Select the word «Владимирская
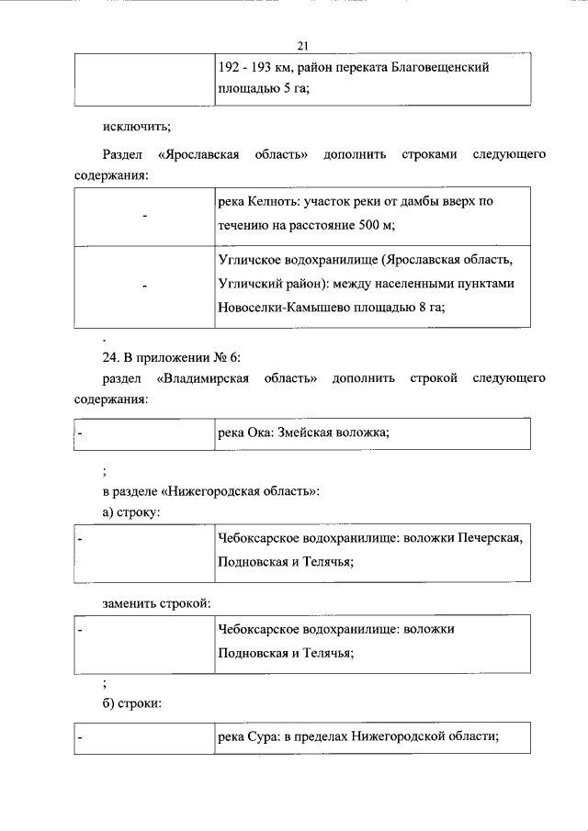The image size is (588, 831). point(238,378)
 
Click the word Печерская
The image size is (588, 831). point(490,538)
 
